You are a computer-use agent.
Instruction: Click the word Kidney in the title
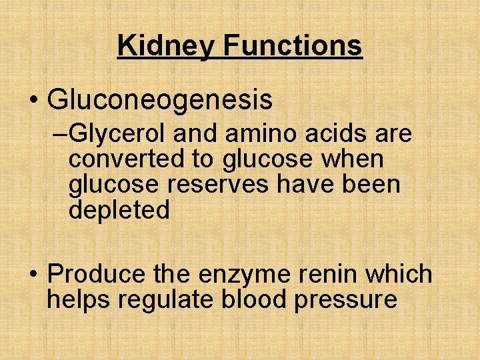(166, 46)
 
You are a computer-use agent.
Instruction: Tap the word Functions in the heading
(293, 46)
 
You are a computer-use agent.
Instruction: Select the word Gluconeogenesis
(160, 101)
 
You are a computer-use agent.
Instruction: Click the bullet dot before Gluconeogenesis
(33, 101)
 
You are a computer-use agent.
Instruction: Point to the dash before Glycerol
(59, 135)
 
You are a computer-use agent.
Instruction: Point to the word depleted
(119, 210)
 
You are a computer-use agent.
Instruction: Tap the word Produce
(97, 274)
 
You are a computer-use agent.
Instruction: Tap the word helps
(79, 299)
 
